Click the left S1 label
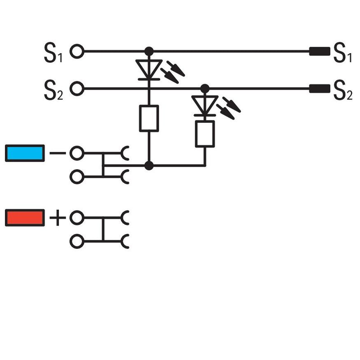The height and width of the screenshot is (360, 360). tap(53, 53)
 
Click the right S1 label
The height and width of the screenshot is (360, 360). tap(342, 53)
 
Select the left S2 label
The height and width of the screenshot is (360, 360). tap(54, 90)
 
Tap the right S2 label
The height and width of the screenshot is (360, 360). tap(343, 90)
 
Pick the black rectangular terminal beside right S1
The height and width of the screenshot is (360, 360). tap(319, 51)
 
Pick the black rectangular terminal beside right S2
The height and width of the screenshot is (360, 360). tap(319, 89)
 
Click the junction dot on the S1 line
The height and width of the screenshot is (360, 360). tap(149, 51)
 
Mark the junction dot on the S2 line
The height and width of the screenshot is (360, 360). tap(205, 89)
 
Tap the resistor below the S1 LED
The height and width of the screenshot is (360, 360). tap(149, 118)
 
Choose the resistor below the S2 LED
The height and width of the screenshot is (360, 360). tap(205, 134)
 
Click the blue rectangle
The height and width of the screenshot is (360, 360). tap(25, 153)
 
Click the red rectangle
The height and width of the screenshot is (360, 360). tap(25, 218)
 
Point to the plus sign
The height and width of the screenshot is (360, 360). tap(58, 218)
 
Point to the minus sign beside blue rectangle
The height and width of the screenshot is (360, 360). tap(58, 153)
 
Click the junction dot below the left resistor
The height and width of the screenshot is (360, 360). tap(149, 165)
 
